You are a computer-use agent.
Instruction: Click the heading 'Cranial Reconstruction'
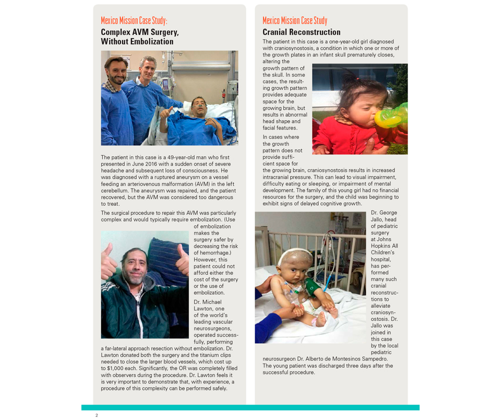(301, 32)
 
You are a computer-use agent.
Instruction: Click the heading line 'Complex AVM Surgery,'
(139, 32)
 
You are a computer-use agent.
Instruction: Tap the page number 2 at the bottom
(97, 415)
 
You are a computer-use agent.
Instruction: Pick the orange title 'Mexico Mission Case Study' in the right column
(295, 20)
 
